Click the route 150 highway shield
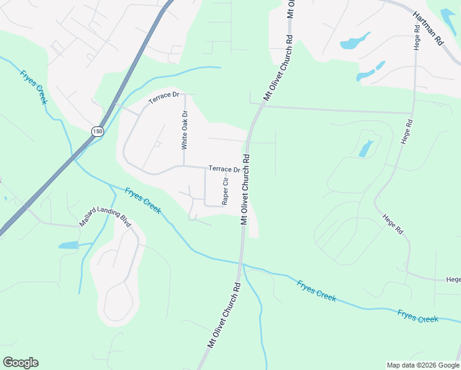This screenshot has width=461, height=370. [x=97, y=131]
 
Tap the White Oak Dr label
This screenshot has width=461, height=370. [x=184, y=130]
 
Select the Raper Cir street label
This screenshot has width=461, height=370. [x=226, y=191]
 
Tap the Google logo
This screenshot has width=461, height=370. [x=20, y=363]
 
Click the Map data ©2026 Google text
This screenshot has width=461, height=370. [x=422, y=364]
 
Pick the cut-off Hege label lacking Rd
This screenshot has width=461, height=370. [x=453, y=279]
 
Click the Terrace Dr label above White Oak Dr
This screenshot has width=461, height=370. [x=163, y=97]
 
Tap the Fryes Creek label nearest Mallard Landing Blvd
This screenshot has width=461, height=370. [x=143, y=200]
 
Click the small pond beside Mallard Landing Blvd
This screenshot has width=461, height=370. [x=68, y=245]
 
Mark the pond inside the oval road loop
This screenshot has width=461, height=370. [x=365, y=149]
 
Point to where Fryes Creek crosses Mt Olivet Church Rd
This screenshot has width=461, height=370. [x=243, y=265]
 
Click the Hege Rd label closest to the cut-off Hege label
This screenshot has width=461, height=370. [x=393, y=224]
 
